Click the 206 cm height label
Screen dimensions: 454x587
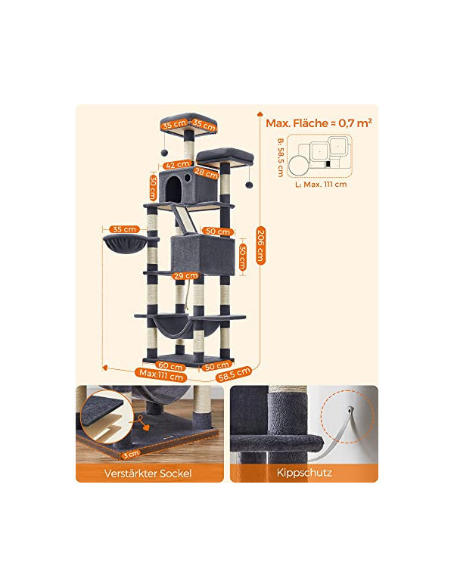261,245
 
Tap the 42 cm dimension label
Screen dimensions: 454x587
178,164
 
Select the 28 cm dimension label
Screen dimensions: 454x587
207,173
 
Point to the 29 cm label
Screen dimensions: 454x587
186,276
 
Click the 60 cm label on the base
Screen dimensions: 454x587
171,366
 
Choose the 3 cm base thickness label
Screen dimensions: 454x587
132,454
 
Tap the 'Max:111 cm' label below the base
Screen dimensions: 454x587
161,374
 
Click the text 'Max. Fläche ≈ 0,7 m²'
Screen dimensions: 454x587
319,123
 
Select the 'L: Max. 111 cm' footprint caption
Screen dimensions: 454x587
321,184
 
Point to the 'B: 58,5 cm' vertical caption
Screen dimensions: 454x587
281,157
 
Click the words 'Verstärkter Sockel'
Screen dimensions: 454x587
148,474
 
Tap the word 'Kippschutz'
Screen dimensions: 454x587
304,473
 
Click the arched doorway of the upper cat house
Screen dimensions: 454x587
173,189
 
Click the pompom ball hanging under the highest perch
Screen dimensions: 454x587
164,153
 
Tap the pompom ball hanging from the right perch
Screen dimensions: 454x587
249,185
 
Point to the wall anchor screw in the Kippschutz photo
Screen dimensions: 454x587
350,410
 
